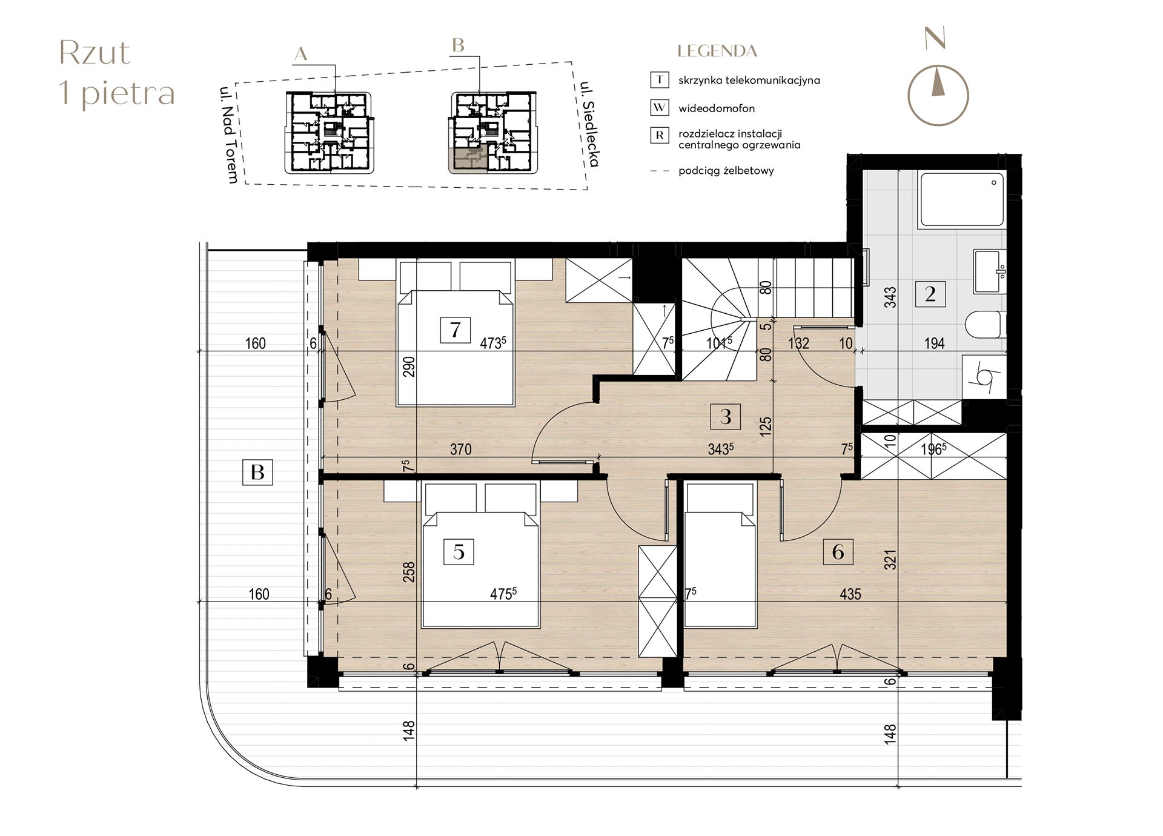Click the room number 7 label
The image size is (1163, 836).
click(x=456, y=330)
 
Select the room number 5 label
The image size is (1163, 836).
click(x=459, y=552)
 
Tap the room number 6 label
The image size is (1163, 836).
click(x=838, y=552)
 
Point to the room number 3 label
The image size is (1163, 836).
click(x=726, y=416)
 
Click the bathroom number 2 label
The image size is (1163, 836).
click(x=930, y=294)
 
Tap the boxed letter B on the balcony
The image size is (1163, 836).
click(x=257, y=472)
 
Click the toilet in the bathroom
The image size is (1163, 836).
click(x=986, y=325)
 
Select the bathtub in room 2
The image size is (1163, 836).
click(x=962, y=199)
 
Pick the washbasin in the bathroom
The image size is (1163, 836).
click(x=990, y=271)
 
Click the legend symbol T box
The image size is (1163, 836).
click(x=659, y=79)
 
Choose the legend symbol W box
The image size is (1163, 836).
click(x=659, y=108)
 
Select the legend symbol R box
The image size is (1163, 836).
click(x=659, y=135)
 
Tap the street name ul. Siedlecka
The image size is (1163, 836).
click(x=589, y=124)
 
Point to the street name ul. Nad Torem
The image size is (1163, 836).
click(x=230, y=134)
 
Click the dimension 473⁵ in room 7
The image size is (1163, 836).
click(x=492, y=343)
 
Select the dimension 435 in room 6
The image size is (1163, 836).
click(x=850, y=594)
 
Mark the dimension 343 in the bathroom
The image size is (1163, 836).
click(x=890, y=297)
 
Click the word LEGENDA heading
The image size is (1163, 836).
click(x=717, y=51)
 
